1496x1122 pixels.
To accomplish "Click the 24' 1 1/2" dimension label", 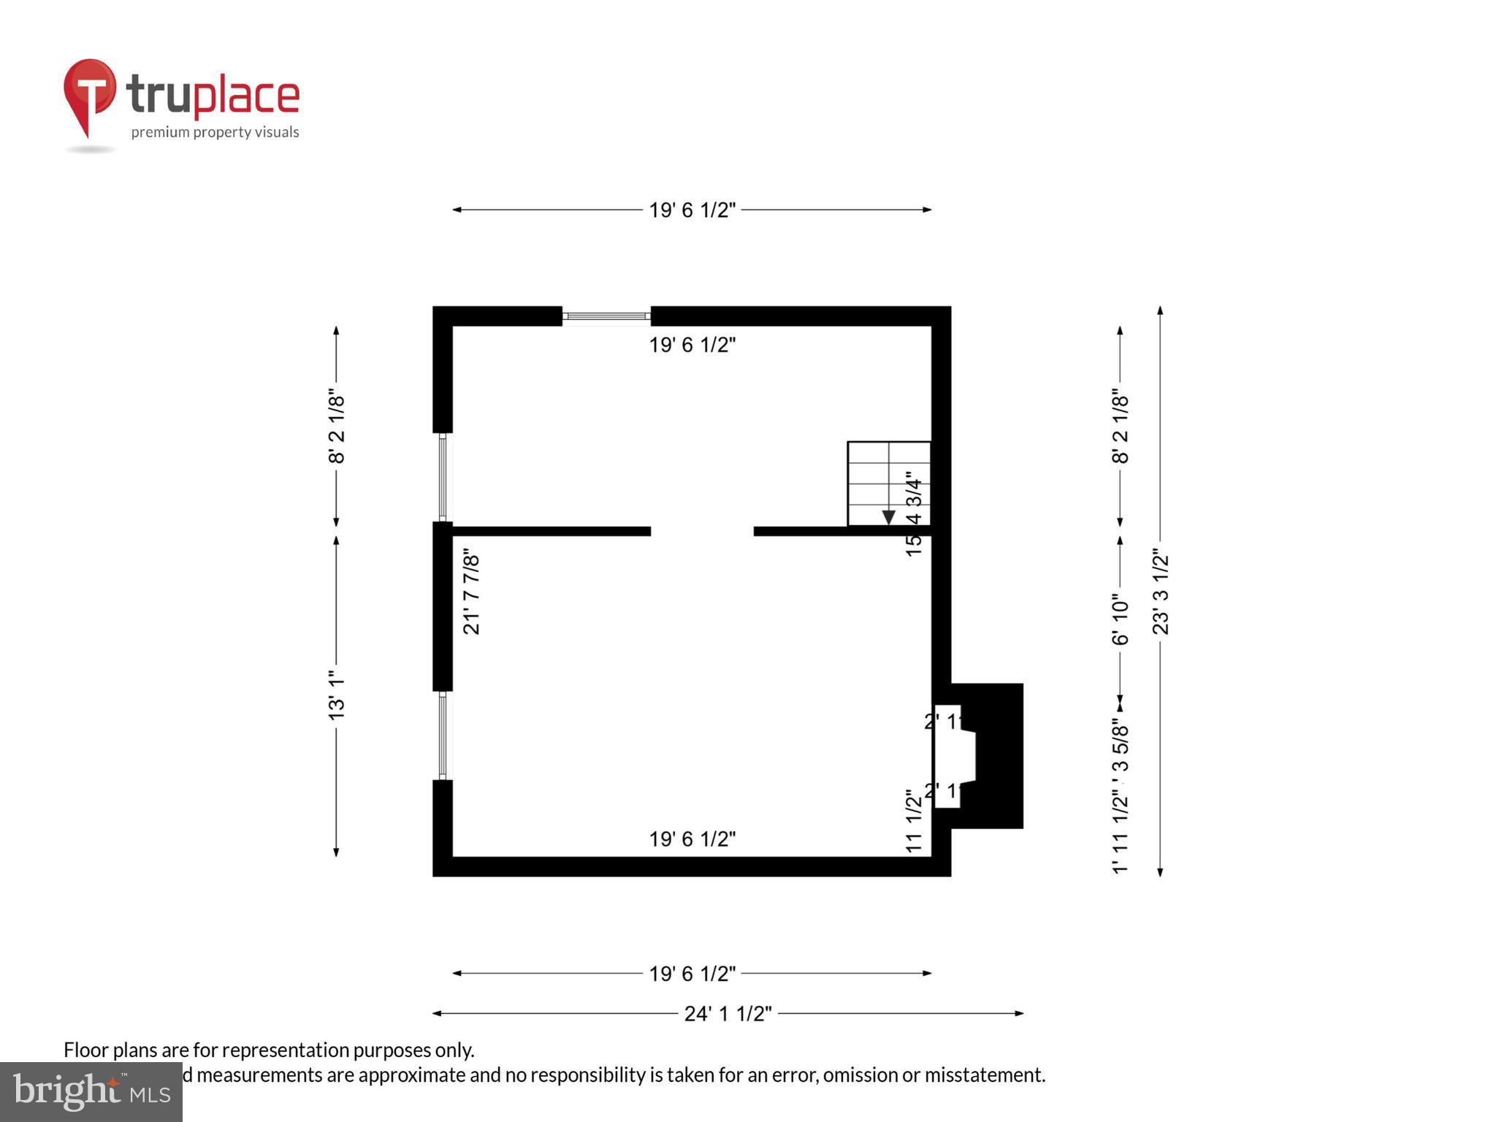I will tap(728, 1014).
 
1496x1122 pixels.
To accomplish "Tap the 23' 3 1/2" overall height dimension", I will tap(1161, 592).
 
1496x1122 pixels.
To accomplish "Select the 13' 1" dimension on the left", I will tap(336, 695).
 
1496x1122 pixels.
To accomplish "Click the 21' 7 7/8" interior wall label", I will tap(472, 595).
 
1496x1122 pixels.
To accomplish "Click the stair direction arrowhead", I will tap(888, 517).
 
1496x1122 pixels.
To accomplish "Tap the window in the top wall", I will tap(606, 316).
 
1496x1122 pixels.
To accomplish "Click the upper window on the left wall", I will tap(443, 477).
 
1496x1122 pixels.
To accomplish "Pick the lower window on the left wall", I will tap(443, 735).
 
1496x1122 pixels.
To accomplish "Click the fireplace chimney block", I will tap(999, 756).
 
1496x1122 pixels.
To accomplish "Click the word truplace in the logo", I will tap(213, 96).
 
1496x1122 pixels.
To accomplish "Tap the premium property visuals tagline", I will tap(215, 132).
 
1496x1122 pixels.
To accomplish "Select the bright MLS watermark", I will tap(91, 1091).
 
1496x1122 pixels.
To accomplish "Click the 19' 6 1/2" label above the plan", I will tap(692, 210).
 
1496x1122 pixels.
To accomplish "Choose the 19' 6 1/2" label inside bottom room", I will tap(692, 839).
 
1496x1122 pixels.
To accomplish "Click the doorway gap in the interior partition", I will tap(702, 531).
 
